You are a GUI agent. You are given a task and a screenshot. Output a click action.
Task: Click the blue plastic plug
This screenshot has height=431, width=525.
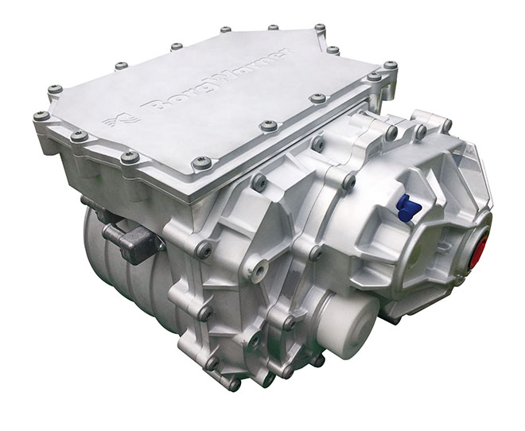[409, 209]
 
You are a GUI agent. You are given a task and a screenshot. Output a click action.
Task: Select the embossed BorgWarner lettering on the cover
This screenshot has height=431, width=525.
[216, 81]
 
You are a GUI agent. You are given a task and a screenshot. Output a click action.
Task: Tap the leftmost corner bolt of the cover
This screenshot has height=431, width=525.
[41, 116]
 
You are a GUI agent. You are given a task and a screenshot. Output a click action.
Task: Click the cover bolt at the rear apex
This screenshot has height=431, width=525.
[320, 27]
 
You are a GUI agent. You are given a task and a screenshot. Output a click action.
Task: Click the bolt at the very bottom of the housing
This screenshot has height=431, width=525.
[235, 385]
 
